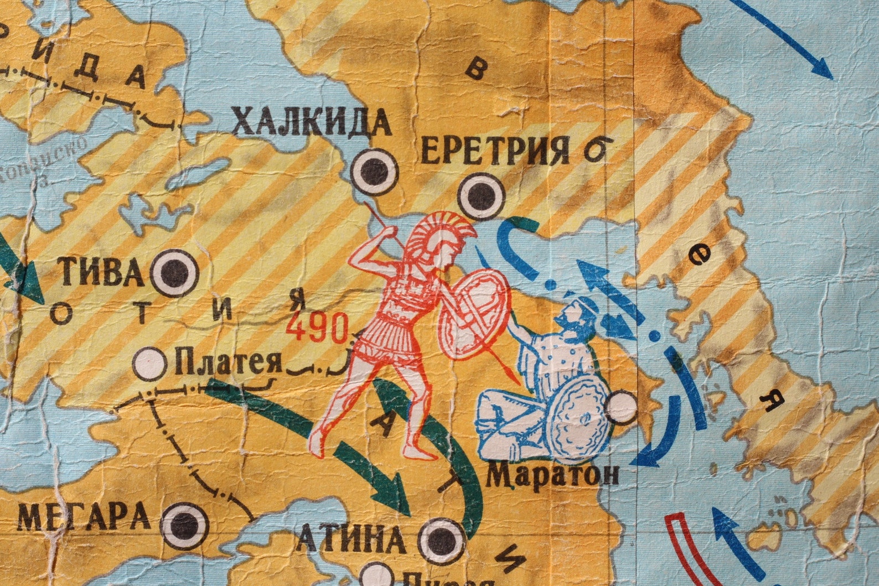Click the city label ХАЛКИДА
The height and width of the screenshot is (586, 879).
tap(311, 123)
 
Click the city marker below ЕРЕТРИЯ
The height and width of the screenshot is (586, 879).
tap(480, 195)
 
